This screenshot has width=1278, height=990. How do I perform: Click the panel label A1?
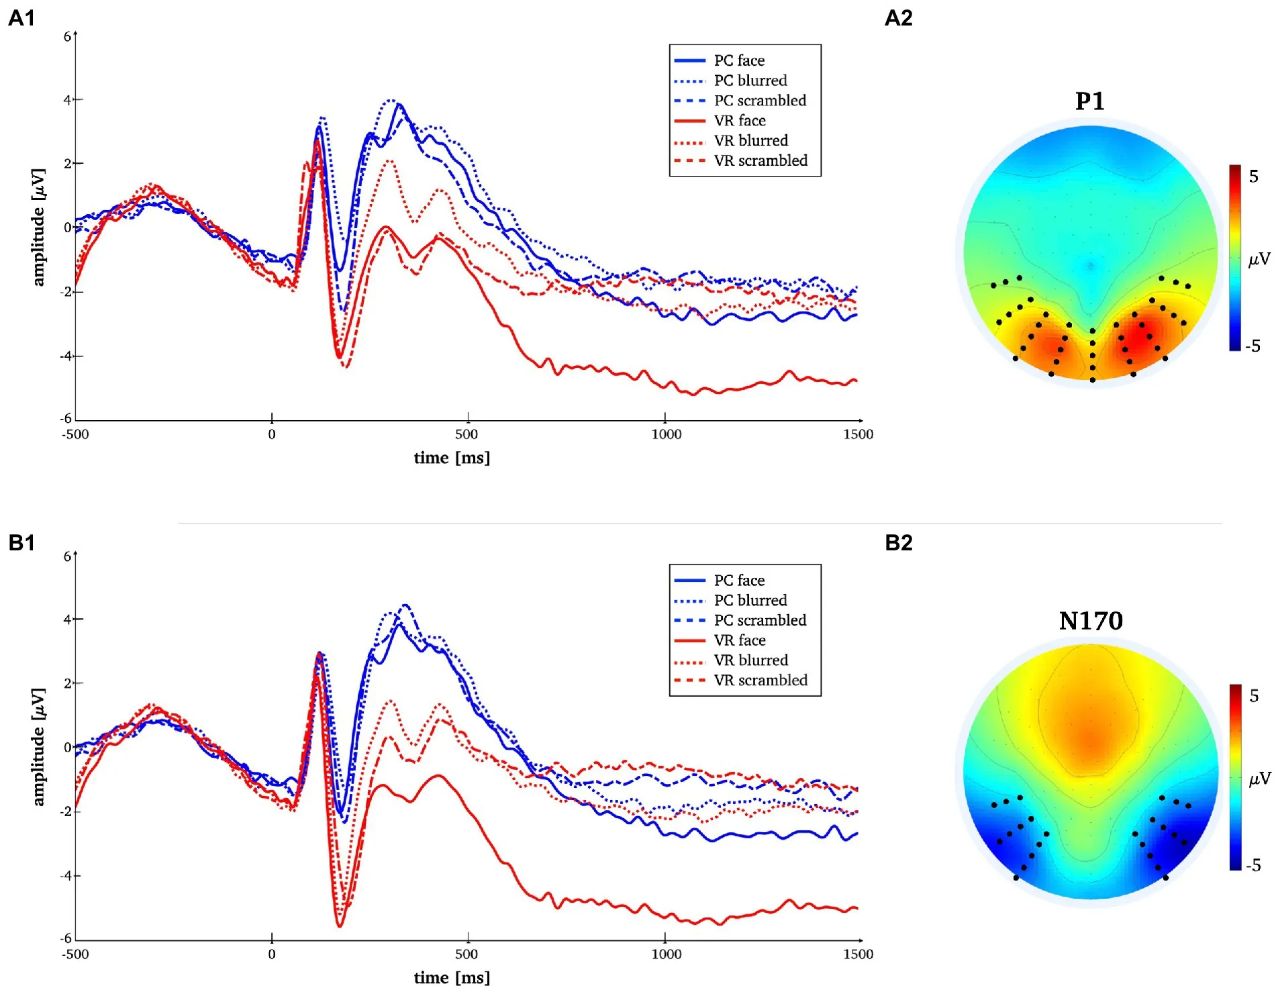pos(21,18)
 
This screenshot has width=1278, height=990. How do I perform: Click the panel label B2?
pos(899,542)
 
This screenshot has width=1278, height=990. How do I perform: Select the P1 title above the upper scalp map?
pos(1089,101)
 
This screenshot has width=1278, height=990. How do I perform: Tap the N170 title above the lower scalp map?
pos(1090,621)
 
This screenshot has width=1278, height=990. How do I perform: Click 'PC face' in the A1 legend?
pos(739,60)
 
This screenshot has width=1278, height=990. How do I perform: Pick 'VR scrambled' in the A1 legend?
pos(760,160)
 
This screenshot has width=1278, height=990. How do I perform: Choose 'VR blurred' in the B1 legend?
pos(750,660)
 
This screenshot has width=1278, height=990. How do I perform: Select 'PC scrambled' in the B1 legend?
pos(760,620)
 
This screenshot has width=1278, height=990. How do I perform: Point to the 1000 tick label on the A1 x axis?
pos(666,434)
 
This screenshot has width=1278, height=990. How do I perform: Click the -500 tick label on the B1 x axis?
pos(75,954)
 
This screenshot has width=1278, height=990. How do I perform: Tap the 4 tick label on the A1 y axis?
pos(66,100)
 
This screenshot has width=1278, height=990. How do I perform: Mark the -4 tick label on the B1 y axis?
pos(65,875)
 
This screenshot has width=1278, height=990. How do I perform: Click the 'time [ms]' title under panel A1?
pos(452,458)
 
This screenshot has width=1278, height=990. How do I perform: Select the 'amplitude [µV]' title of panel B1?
pos(39,746)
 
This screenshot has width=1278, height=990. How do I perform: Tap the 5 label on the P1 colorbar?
pos(1253,177)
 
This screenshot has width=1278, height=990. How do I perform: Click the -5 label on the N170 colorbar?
pos(1252,865)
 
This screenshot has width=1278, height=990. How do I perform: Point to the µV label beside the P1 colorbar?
pos(1259,258)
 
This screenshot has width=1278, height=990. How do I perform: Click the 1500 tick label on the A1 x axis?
pos(858,434)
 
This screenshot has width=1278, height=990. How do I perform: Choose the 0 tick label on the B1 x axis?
pos(271,954)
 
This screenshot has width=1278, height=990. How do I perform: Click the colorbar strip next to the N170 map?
pos(1235,777)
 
